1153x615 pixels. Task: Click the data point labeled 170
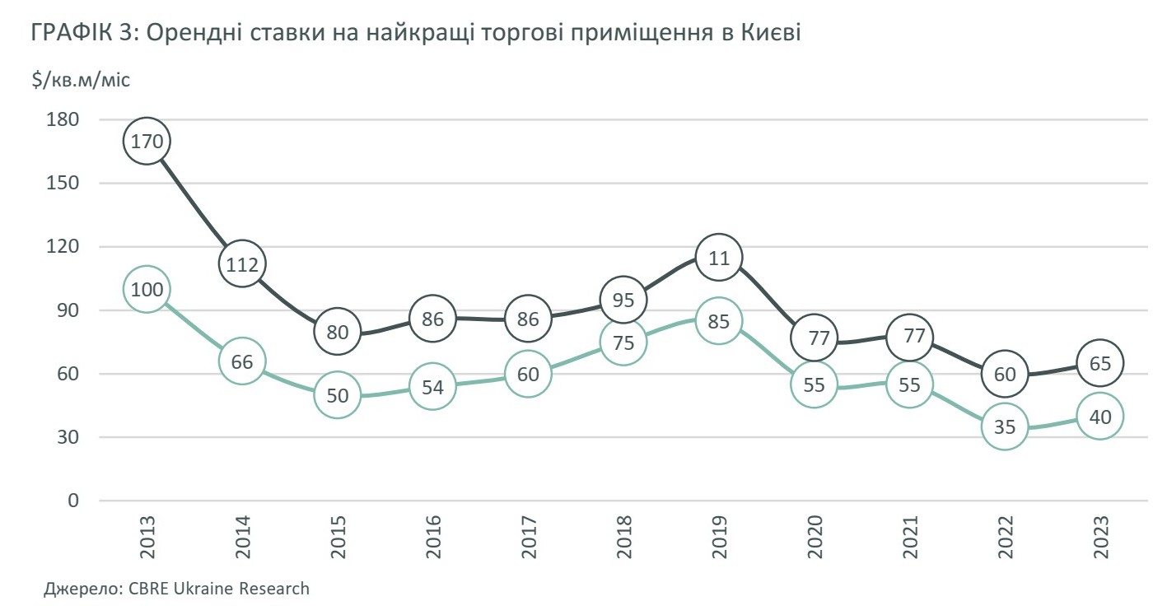pos(147,141)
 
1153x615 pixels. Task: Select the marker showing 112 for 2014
pos(242,264)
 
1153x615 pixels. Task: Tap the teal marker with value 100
pos(147,289)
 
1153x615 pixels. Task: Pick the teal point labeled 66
pos(242,361)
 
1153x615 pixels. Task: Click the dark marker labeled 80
pos(338,332)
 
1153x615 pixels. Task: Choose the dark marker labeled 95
pos(623,300)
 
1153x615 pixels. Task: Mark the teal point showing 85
pos(719,320)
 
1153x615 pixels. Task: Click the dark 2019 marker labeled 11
pos(719,258)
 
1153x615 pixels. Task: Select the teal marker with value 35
pos(1005,426)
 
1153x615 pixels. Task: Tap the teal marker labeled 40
pos(1100,417)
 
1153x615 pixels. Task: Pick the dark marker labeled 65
pos(1100,363)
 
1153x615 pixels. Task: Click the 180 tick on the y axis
pos(63,119)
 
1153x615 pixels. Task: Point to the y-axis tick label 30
pos(68,437)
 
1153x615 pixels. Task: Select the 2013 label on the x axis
pos(147,538)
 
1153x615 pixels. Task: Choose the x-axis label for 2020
pos(815,538)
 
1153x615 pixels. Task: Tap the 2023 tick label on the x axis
pos(1100,538)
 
